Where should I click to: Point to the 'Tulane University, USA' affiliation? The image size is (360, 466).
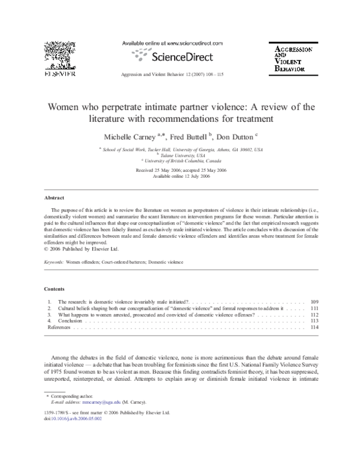point(180,154)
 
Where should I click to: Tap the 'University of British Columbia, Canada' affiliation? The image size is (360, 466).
point(181,160)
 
